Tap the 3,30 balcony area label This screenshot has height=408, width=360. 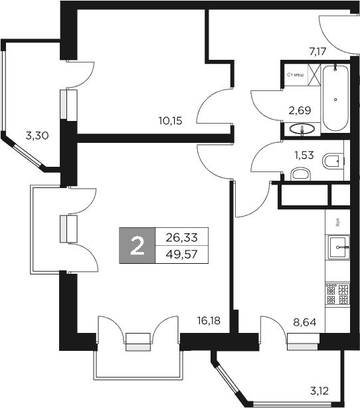coord(37,136)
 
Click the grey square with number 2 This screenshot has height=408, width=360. coord(137,245)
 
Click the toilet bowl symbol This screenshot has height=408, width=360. coord(334,161)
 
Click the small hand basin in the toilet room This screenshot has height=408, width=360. coord(302,174)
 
